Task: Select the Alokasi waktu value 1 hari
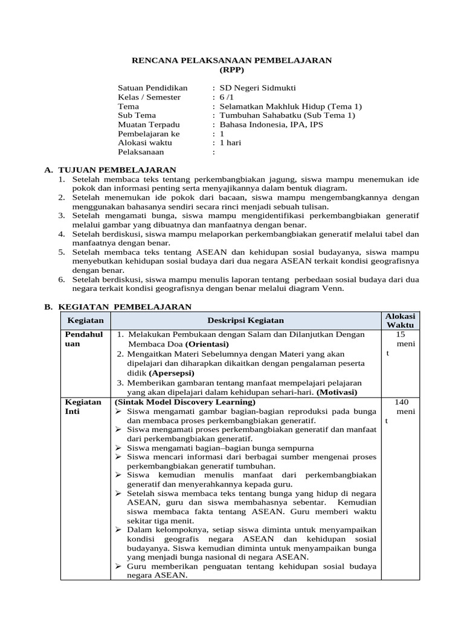coord(230,142)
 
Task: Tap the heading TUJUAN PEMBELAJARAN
coord(115,170)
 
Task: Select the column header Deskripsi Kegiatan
coord(245,320)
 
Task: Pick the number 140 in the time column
coord(402,401)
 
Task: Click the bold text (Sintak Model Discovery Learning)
coord(184,401)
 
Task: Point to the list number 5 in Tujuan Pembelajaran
coord(62,252)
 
